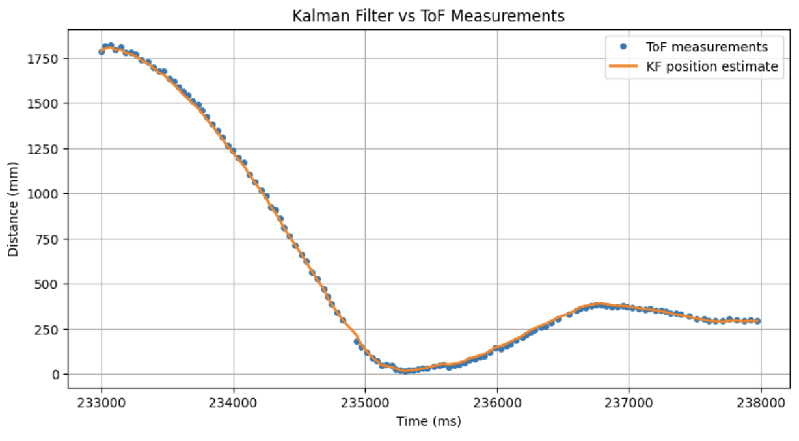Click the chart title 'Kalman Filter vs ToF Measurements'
pyautogui.click(x=428, y=16)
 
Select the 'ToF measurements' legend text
pyautogui.click(x=707, y=47)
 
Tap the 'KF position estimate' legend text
pyautogui.click(x=712, y=66)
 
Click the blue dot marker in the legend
pyautogui.click(x=623, y=47)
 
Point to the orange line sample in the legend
pyautogui.click(x=623, y=66)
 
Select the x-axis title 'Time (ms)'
pyautogui.click(x=429, y=421)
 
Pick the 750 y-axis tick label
pyautogui.click(x=48, y=239)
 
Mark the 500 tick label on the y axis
pyautogui.click(x=48, y=284)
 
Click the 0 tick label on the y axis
pyautogui.click(x=55, y=375)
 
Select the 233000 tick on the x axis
pyautogui.click(x=102, y=401)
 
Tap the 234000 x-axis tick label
pyautogui.click(x=234, y=401)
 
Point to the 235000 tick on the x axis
pyautogui.click(x=365, y=401)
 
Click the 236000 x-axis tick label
pyautogui.click(x=497, y=401)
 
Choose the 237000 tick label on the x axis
pyautogui.click(x=629, y=401)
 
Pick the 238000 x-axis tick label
pyautogui.click(x=761, y=401)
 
